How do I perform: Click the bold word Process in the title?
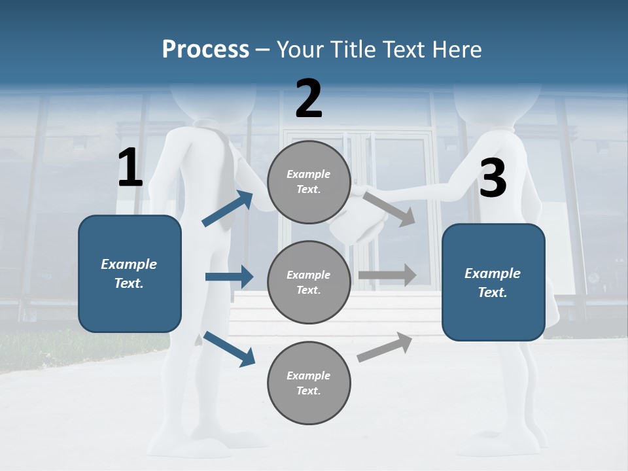(205, 49)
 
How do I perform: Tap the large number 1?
(130, 168)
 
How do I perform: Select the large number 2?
(309, 99)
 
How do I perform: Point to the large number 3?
(493, 179)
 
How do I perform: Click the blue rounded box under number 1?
(130, 273)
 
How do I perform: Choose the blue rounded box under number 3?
(493, 282)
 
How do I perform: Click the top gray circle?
(309, 182)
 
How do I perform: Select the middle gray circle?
(309, 282)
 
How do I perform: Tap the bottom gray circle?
(309, 383)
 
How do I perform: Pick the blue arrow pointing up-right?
(228, 209)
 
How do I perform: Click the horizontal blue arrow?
(229, 277)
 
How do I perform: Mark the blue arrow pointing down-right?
(229, 348)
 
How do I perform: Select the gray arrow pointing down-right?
(389, 209)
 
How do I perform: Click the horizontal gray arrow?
(387, 275)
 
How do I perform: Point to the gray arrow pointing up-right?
(385, 347)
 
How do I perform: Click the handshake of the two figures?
(358, 219)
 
